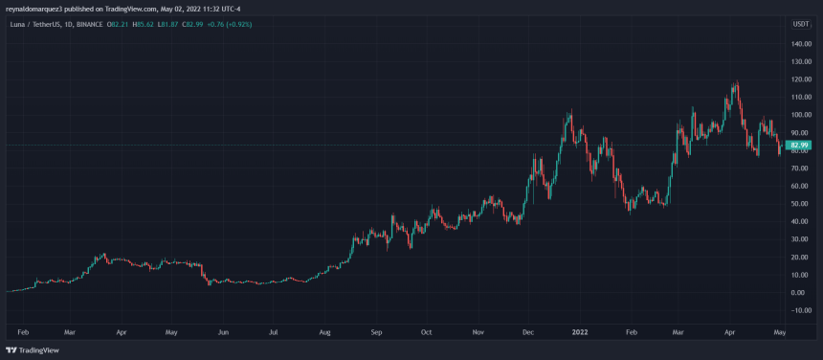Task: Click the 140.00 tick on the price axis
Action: coord(801,44)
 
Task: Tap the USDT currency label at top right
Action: coord(801,24)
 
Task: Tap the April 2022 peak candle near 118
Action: coord(736,84)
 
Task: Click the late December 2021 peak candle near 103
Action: coord(570,113)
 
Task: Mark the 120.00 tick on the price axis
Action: coord(801,79)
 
